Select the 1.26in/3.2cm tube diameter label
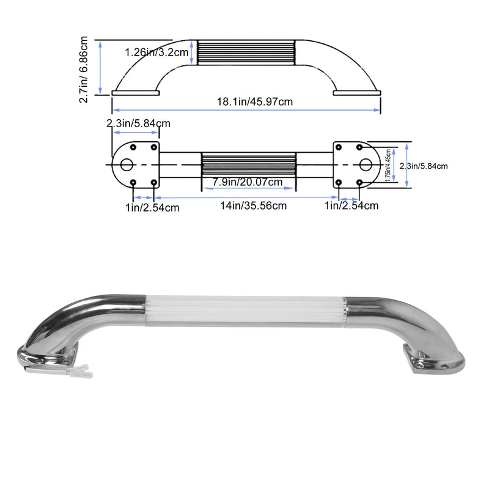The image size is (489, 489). pyautogui.click(x=156, y=53)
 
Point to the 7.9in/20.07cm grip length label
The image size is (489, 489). pyautogui.click(x=248, y=182)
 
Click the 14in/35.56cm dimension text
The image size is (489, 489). pyautogui.click(x=254, y=205)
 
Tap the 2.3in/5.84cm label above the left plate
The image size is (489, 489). pyautogui.click(x=138, y=123)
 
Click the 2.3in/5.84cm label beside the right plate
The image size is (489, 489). pyautogui.click(x=424, y=166)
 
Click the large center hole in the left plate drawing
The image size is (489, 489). pyautogui.click(x=127, y=165)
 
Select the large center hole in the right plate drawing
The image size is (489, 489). pyautogui.click(x=365, y=165)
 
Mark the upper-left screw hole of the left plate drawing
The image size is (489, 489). pyautogui.click(x=133, y=147)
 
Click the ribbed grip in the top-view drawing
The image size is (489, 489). pyautogui.click(x=248, y=165)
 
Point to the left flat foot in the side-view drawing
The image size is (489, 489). pyautogui.click(x=136, y=93)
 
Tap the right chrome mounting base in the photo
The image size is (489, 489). pyautogui.click(x=432, y=361)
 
